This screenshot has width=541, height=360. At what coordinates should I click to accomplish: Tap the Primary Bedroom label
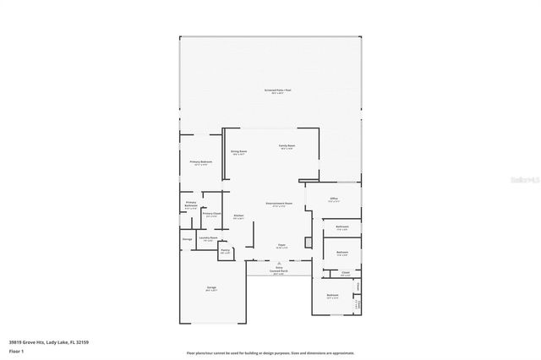[x=200, y=161]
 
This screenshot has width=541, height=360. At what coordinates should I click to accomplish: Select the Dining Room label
[x=238, y=152]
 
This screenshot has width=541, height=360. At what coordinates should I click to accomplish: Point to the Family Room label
[x=287, y=146]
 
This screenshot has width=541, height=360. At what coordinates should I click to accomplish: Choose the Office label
[x=334, y=199]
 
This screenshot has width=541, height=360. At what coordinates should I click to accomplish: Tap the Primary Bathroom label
[x=191, y=205]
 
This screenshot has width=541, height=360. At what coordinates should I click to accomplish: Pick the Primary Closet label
[x=211, y=215]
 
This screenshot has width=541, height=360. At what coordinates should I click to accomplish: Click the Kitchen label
[x=239, y=216]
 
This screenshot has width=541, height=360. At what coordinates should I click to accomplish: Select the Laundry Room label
[x=208, y=238]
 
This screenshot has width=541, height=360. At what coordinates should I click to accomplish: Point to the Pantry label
[x=225, y=250]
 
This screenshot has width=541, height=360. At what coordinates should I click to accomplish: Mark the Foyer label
[x=280, y=245]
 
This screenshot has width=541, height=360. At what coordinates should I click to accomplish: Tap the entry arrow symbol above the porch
[x=279, y=264]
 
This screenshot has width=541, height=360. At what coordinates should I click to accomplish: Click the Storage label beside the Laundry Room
[x=187, y=239]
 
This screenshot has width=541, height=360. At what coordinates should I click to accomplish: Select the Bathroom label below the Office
[x=342, y=226]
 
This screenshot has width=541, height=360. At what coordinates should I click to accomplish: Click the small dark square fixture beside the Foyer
[x=309, y=243]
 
